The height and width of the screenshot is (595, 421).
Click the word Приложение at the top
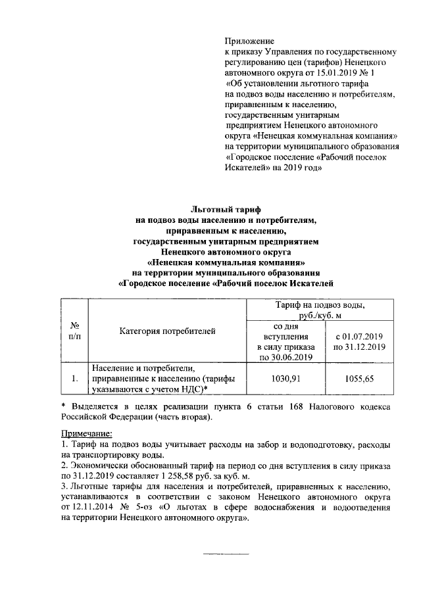pos(250,41)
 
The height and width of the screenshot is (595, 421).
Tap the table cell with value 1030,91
pos(287,378)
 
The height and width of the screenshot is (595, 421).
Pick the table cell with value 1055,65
pos(362,378)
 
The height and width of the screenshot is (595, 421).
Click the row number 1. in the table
pos(74,378)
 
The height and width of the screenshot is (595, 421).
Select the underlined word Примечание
pos(87,434)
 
